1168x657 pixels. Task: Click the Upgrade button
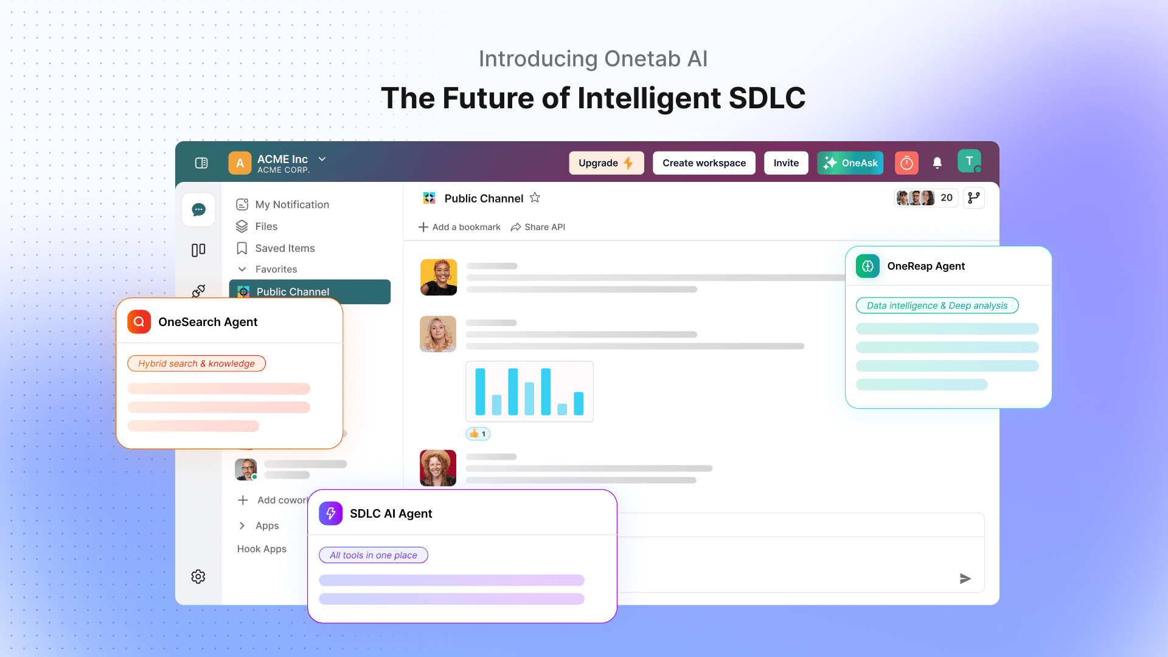pos(606,163)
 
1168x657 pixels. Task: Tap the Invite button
pos(786,163)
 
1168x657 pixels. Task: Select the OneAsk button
pos(850,163)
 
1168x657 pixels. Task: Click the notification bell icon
pos(937,162)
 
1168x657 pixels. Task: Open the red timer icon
pos(906,163)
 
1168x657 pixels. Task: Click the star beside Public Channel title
pos(535,198)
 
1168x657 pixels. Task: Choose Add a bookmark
pos(459,227)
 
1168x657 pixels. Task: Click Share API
pos(538,227)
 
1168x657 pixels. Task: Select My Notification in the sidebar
pos(283,204)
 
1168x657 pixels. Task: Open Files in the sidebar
pos(257,226)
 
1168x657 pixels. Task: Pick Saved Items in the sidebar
pos(276,248)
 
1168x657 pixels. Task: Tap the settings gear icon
pos(198,577)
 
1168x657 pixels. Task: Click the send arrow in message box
pos(965,579)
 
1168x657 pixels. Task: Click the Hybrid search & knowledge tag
pos(196,364)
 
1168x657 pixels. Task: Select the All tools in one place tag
pos(374,555)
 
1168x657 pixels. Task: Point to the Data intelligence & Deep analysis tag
pos(937,305)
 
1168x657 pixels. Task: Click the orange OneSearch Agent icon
pos(139,322)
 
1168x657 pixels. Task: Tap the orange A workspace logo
pos(240,163)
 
